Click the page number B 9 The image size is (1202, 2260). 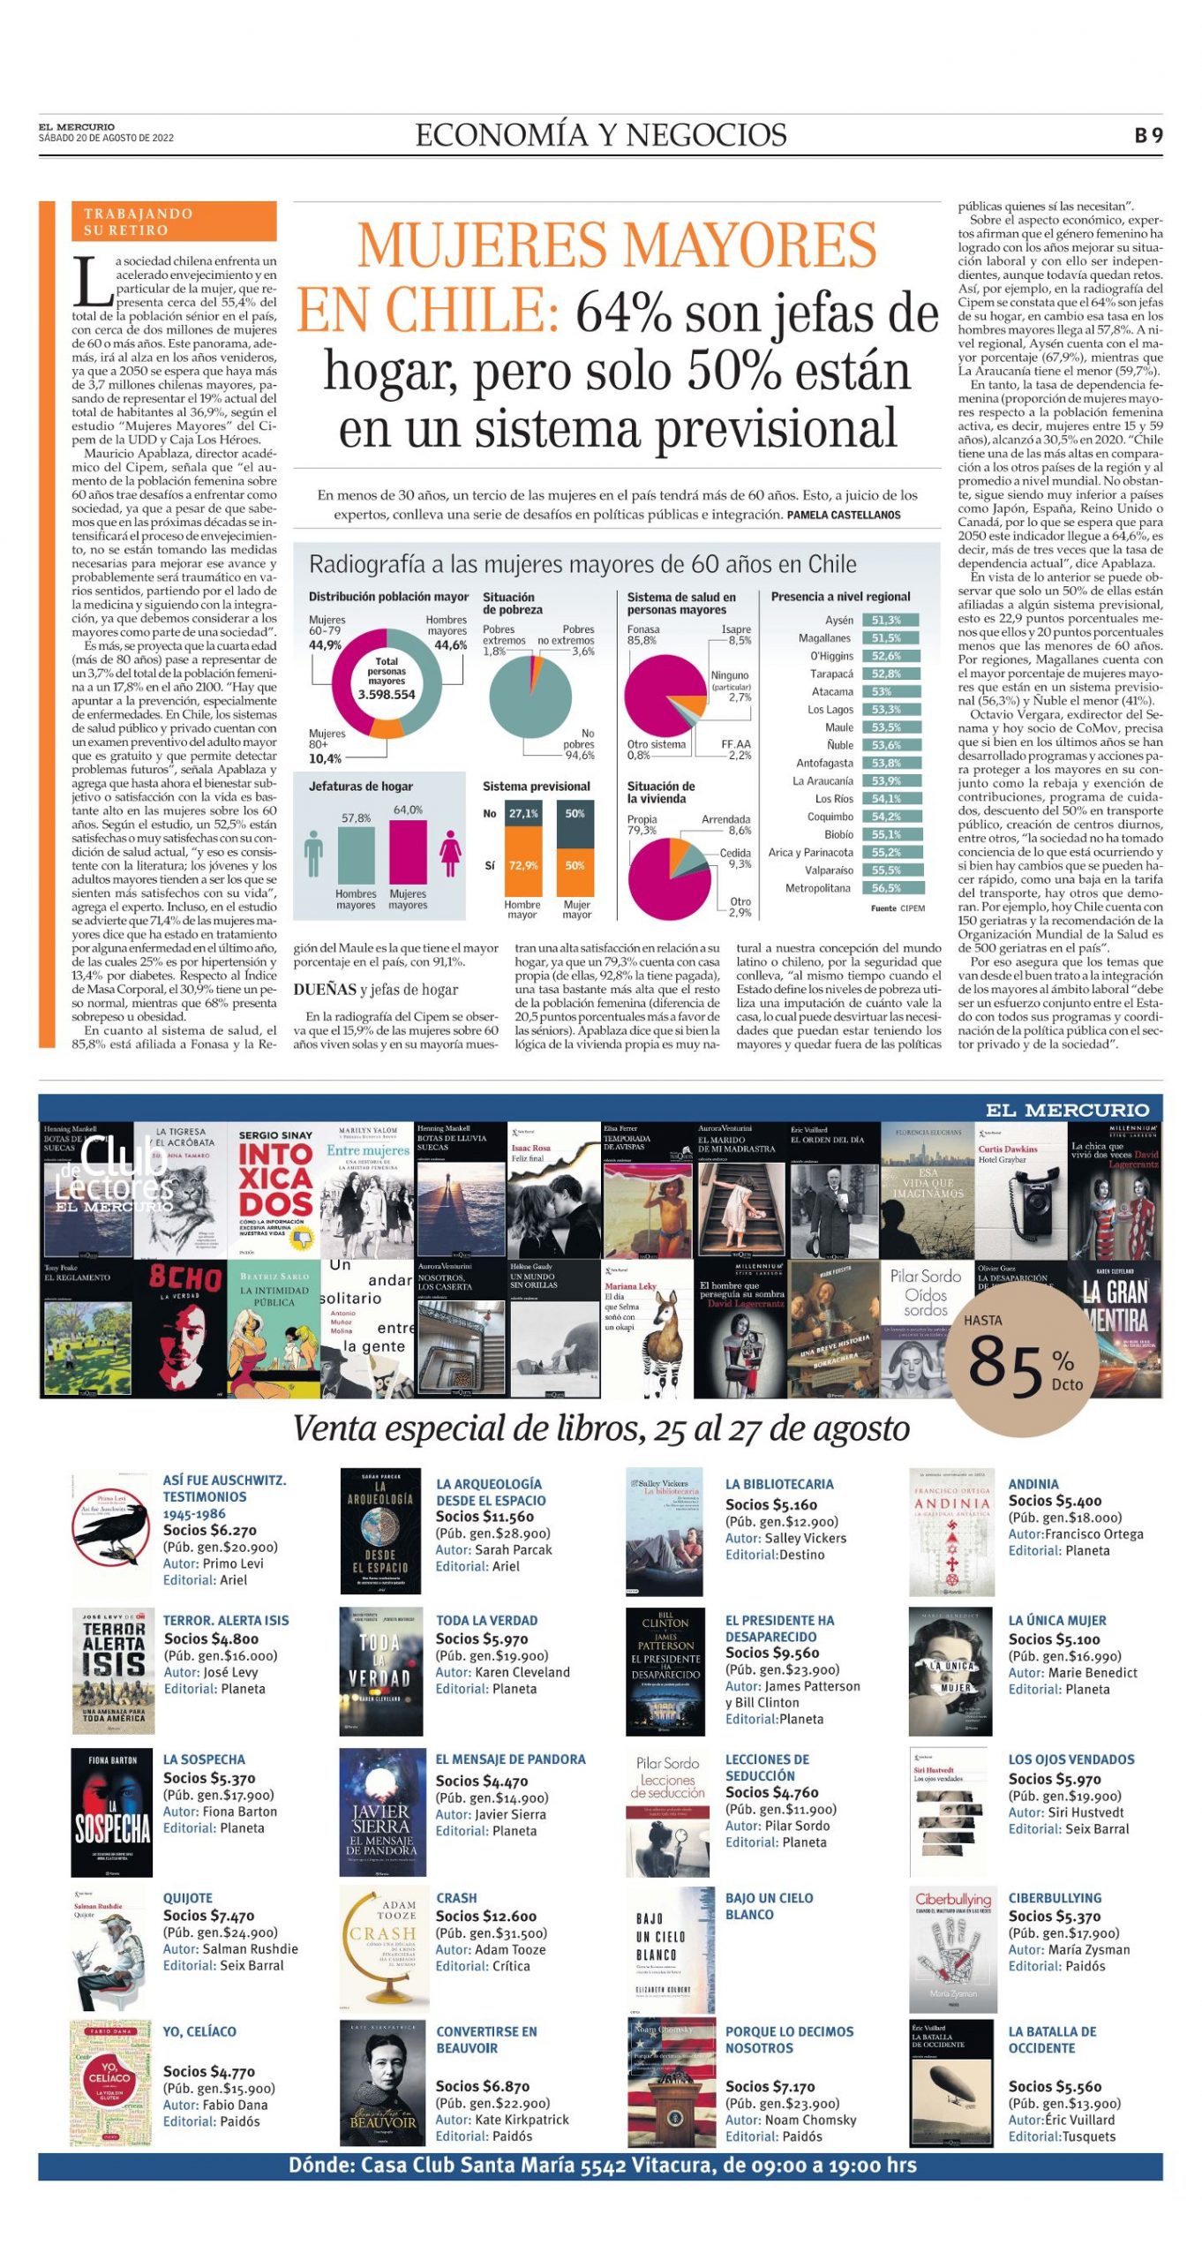tap(1148, 135)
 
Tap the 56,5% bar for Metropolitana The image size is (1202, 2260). tap(890, 888)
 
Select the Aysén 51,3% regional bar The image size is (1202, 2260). tap(890, 621)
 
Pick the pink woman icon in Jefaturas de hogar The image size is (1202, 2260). tap(450, 853)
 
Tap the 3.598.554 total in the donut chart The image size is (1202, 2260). tap(387, 695)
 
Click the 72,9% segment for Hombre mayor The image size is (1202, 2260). tap(522, 865)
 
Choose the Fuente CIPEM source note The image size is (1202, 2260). tap(898, 908)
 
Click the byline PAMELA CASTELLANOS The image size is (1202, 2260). tap(844, 515)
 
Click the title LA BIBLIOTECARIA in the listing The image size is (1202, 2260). tap(778, 1485)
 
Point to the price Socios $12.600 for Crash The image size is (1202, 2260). tap(485, 1917)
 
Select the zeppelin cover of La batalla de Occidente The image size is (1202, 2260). tap(951, 2083)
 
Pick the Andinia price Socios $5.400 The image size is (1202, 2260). tap(1055, 1501)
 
